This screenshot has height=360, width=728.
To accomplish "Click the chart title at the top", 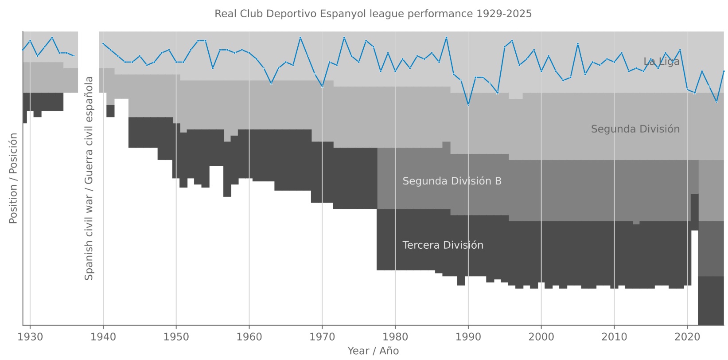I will pos(373,14).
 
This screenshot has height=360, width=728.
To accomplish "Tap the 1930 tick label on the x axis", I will pos(30,337).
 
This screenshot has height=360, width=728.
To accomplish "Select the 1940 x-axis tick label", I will pos(103,337).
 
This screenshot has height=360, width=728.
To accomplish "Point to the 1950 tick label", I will pos(176,337).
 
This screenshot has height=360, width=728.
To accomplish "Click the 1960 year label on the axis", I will pos(249,337).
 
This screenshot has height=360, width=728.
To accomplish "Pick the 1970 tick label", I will pos(322,337).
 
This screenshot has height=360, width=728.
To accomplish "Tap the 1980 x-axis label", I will pos(395,337).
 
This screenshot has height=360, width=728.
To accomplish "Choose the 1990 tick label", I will pos(468,337).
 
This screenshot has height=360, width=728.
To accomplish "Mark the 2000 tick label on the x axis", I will pos(541,337).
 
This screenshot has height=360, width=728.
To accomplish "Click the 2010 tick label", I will pos(614,337).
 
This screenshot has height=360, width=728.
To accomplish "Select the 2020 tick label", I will pos(687,337).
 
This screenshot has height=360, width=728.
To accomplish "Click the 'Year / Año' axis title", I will pos(373,351).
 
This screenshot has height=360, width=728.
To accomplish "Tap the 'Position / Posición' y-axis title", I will pos(13,178).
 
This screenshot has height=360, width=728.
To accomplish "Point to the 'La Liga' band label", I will pos(661,62).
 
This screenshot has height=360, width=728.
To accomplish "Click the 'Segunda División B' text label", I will pos(452,181).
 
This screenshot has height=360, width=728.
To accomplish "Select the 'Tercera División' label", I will pos(443,245).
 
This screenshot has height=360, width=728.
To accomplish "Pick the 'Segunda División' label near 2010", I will pos(635,129).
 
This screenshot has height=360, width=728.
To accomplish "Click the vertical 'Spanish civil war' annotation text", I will pos(89,178).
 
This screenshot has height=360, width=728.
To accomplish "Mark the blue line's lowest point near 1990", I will pos(468,105).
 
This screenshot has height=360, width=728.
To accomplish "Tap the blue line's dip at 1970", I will pos(322,86).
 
